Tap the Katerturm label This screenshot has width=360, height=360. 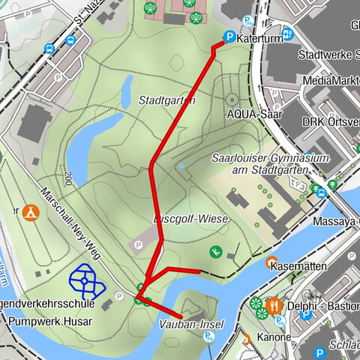click(x=259, y=37)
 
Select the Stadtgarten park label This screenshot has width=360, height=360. click(x=167, y=100)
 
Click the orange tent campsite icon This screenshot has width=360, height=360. click(x=31, y=212)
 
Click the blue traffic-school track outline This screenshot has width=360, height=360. click(x=86, y=281)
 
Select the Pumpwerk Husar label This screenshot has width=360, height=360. click(x=51, y=322)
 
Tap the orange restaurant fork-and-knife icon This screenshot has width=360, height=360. click(x=275, y=305)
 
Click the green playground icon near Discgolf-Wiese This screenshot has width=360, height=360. click(x=216, y=251)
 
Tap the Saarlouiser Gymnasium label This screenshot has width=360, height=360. click(x=259, y=165)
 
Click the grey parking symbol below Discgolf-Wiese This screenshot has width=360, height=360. click(x=137, y=244)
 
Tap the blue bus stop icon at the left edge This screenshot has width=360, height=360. click(x=49, y=49)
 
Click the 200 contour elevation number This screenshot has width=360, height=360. click(x=68, y=178)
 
